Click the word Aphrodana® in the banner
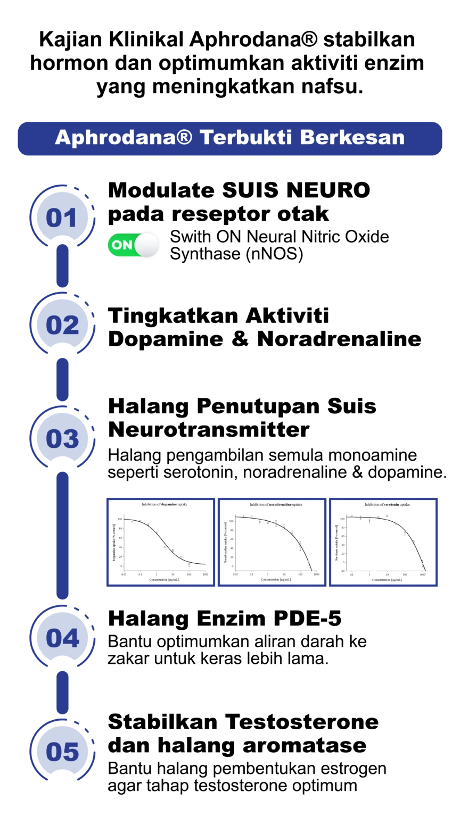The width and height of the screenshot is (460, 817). click(123, 138)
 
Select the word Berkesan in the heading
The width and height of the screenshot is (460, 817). click(352, 138)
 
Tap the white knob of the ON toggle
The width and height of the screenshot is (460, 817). click(146, 245)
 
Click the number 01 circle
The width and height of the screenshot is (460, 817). click(62, 218)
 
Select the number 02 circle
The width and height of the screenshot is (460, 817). click(62, 325)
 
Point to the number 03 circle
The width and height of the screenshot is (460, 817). click(62, 438)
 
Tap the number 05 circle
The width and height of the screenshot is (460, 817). click(62, 752)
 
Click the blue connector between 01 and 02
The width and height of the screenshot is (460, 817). click(63, 265)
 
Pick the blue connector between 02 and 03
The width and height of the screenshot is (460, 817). click(63, 379)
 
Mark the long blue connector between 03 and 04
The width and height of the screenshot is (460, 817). click(63, 535)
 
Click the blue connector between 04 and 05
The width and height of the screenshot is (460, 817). click(63, 692)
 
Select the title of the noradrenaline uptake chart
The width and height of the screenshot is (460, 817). click(276, 504)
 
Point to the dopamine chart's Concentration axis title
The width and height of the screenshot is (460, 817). click(164, 580)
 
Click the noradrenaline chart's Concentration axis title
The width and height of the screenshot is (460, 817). click(275, 580)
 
